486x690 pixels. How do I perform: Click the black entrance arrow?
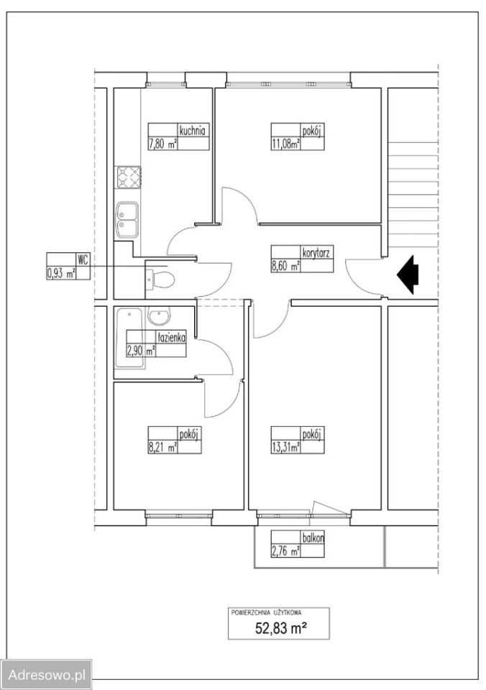pos(408,275)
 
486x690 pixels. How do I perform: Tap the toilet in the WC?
pos(160,278)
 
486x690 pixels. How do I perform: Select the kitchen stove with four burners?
pos(128,178)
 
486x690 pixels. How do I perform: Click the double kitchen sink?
pos(127,220)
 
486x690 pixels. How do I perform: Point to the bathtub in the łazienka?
pos(129,338)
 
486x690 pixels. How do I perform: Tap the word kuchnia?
pos(193,130)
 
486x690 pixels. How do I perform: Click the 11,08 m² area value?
pos(285,144)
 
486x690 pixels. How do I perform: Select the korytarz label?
pos(316,253)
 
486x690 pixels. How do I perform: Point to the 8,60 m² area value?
pos(285,266)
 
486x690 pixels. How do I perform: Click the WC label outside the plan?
pos(83,259)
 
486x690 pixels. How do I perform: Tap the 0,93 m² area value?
pos(61,274)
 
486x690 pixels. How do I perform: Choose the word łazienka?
pos(172,338)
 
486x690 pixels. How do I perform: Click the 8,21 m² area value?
pos(163,448)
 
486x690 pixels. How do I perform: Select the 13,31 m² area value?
pos(285,448)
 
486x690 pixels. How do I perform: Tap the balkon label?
pos(313,538)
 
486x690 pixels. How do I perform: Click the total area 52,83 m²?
pos(281,628)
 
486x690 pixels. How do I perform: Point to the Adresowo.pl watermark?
pos(46,675)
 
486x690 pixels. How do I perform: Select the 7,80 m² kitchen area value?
pos(163,144)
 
